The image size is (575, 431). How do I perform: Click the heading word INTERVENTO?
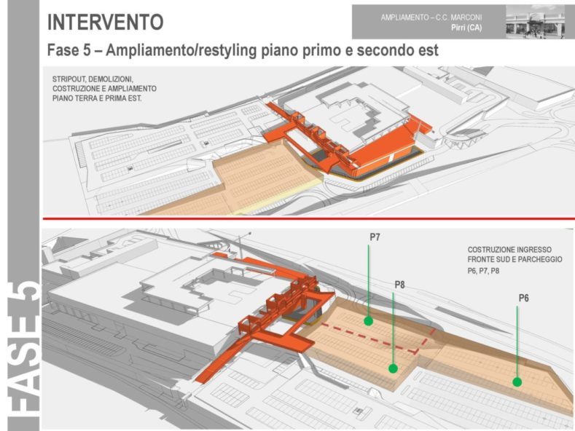[105, 22]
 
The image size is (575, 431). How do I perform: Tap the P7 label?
[375, 238]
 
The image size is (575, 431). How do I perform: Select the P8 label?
[399, 285]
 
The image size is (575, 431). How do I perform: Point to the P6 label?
[523, 298]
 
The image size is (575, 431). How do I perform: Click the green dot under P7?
[369, 320]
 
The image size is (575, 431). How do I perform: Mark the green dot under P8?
[393, 368]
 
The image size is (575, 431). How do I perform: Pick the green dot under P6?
[517, 381]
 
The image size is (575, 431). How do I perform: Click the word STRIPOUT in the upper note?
[70, 78]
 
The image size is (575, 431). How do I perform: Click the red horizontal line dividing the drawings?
[306, 218]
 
